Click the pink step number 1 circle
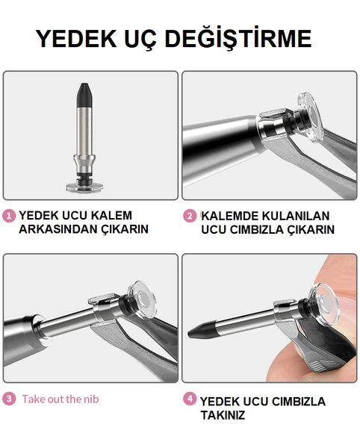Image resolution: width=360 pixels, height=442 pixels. pos(9,216)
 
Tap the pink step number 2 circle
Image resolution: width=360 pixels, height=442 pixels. pos(190,216)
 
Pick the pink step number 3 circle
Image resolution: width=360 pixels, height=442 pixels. pos(9,399)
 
